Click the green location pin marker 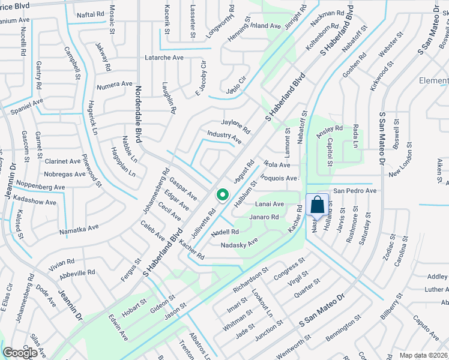pos(222,196)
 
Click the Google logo pos(20,353)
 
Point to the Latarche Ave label pos(164,58)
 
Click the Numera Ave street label pos(114,84)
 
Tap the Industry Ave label pos(224,137)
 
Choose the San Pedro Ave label pos(355,191)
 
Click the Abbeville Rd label pos(78,272)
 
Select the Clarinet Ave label pos(62,161)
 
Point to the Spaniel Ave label pos(26,103)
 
